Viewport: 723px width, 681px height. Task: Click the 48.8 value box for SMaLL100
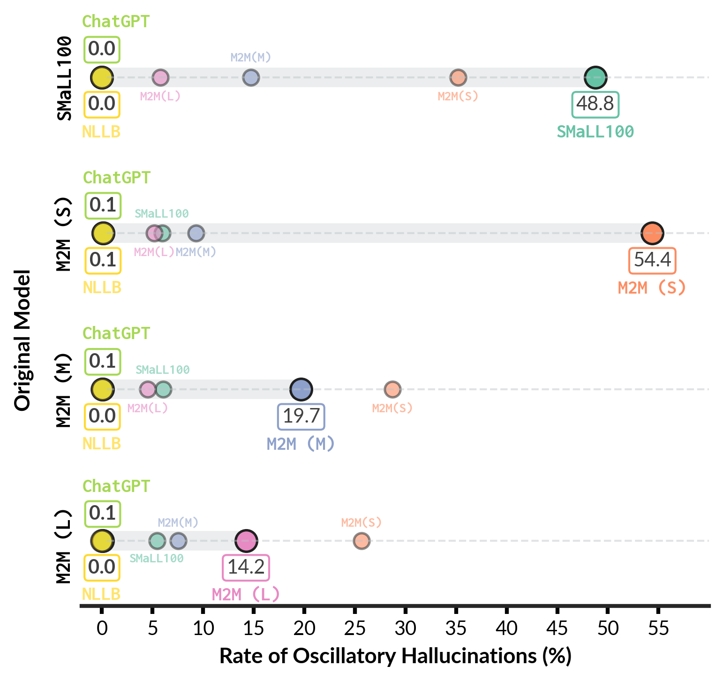[595, 104]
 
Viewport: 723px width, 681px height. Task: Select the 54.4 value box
[652, 260]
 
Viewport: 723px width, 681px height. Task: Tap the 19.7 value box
[301, 416]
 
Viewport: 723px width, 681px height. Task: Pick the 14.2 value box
[246, 567]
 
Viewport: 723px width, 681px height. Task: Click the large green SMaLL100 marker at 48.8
[595, 77]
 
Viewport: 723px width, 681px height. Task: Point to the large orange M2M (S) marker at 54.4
[652, 233]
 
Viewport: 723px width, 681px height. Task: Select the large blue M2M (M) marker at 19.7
[301, 389]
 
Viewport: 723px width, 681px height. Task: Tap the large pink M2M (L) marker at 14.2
[246, 541]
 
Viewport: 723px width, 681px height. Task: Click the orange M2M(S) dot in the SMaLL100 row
[458, 77]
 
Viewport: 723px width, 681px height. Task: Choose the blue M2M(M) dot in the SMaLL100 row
[251, 77]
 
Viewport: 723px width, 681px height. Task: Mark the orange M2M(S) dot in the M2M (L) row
[361, 541]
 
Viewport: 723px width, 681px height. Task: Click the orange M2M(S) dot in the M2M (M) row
[392, 389]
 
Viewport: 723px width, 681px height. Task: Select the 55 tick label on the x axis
[658, 628]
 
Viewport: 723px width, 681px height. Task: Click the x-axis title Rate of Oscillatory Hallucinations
[395, 656]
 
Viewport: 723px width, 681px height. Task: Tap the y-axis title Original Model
[23, 340]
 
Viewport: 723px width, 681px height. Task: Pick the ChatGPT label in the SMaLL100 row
[116, 22]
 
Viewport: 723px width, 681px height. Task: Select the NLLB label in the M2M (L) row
[101, 594]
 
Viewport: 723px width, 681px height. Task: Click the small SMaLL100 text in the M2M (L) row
[157, 559]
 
